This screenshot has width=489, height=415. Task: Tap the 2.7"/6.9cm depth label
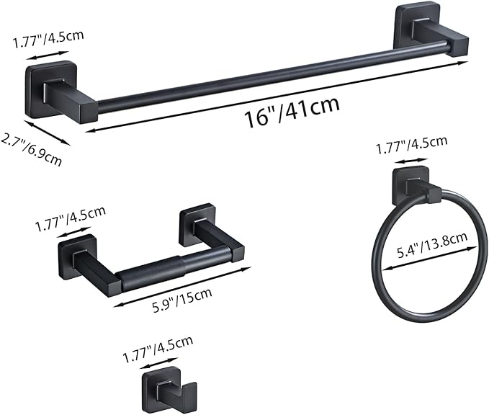click(x=30, y=149)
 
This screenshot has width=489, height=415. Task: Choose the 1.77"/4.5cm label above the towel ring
click(x=411, y=148)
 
